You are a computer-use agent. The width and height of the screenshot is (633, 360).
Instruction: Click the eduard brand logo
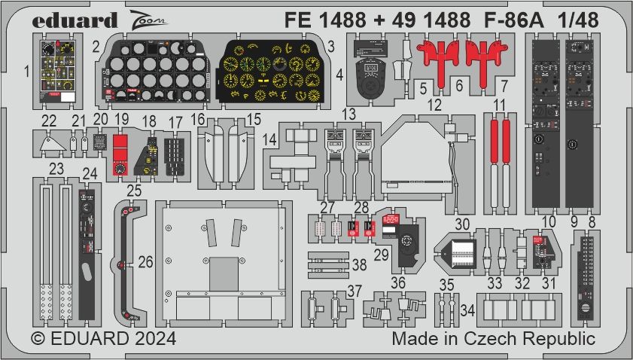click(75, 20)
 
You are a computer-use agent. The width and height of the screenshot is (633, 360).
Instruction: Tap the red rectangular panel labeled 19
click(118, 156)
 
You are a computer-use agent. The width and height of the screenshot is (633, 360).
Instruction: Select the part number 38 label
click(360, 264)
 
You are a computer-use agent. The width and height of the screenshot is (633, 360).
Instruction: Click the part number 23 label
click(56, 169)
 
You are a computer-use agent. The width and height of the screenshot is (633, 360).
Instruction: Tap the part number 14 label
click(270, 139)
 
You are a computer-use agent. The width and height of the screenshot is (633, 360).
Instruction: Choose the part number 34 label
click(467, 310)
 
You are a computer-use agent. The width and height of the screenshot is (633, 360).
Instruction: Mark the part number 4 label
click(339, 75)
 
